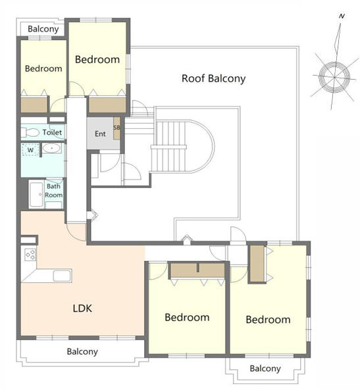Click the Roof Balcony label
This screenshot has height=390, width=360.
pos(213,79)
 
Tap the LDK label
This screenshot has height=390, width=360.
pos(82,308)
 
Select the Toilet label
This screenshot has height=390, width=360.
pos(52,132)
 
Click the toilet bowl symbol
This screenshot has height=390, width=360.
pos(30,132)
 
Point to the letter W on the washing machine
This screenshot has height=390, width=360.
pos(30,150)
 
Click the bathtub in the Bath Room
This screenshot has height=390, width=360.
pos(36,195)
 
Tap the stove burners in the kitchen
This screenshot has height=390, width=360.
pos(30,255)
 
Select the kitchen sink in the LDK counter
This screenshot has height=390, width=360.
pos(63,276)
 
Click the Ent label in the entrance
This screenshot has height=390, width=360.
pos(100,134)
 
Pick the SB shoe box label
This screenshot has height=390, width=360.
pos(116,128)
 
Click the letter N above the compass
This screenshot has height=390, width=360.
pos(342,16)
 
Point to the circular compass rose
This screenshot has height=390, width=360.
pos(334,77)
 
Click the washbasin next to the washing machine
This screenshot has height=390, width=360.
pos(51,148)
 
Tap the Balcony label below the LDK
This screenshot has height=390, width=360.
pos(82,352)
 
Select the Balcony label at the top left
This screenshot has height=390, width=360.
pos(43,29)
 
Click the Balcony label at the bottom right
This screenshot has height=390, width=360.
pos(265,368)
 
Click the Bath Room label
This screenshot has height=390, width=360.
pos(53,191)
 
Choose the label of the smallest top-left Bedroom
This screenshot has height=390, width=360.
pos(43,68)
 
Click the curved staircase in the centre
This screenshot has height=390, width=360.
pos(182,146)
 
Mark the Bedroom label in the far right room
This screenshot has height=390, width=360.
pos(268,320)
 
